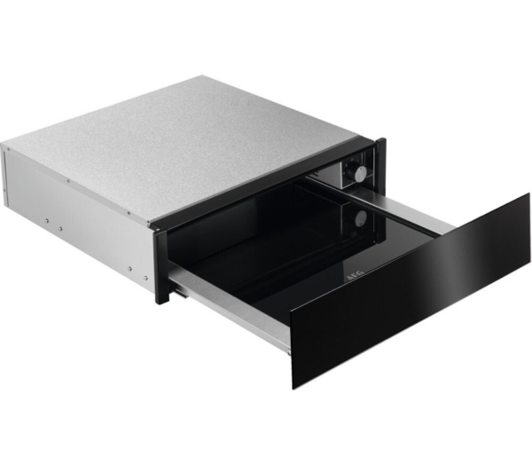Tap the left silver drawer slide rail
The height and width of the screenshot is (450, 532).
point(226,303)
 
